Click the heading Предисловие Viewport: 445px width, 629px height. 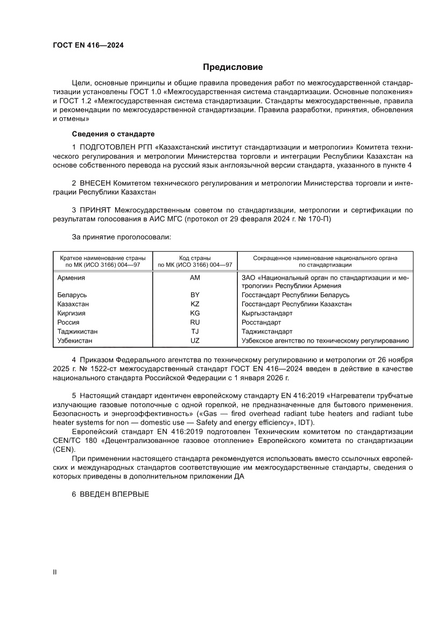(x=232, y=67)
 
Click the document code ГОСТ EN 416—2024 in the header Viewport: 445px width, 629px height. (x=88, y=46)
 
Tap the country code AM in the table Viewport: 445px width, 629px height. (x=195, y=278)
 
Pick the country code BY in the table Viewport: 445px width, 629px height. (x=195, y=295)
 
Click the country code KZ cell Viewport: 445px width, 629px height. (x=195, y=304)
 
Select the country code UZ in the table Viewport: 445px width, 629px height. (x=195, y=341)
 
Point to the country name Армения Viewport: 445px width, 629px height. (x=71, y=278)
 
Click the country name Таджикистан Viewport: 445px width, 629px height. (x=77, y=331)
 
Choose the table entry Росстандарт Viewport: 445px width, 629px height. (x=262, y=322)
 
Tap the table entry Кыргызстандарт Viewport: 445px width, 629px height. (x=267, y=313)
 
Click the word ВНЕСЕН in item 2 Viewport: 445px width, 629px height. (x=96, y=183)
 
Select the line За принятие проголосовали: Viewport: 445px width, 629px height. (x=122, y=236)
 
